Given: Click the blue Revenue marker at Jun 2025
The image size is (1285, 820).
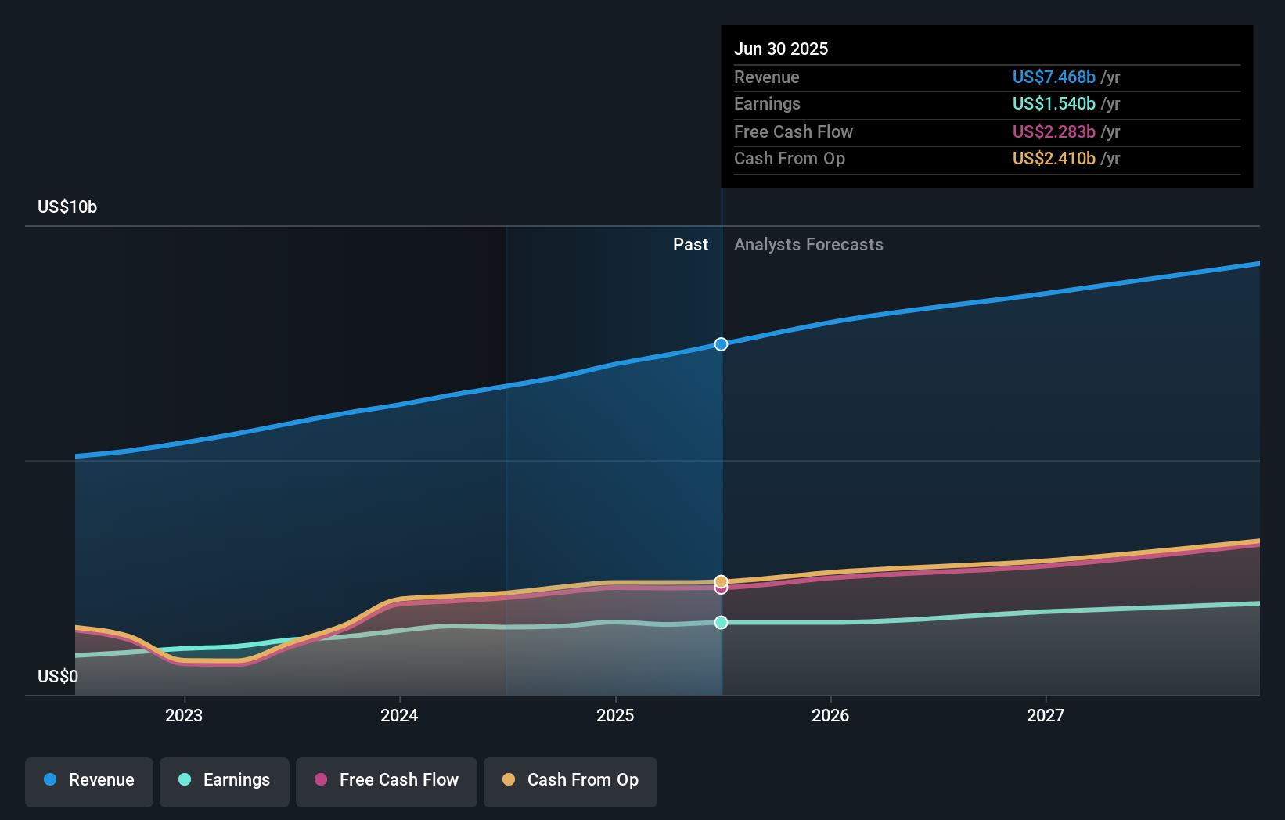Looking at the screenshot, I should point(721,344).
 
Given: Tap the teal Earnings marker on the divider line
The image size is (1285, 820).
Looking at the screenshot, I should point(721,622).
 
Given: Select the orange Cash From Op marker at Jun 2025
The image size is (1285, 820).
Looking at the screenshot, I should point(721,581).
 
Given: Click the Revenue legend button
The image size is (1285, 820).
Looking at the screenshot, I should point(89,780).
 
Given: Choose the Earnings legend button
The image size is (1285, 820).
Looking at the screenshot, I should point(225,780).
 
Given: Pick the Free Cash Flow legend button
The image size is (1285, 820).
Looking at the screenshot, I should point(387,780).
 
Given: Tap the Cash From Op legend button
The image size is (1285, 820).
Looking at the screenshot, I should point(571,780).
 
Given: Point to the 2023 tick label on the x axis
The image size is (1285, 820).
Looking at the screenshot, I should point(184,715).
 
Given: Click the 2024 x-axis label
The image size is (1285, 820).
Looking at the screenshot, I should point(399,715).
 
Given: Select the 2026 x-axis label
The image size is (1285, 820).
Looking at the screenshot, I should point(830,715).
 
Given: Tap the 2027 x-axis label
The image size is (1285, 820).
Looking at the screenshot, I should point(1046,715).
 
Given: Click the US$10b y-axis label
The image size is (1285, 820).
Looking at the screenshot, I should point(67,207).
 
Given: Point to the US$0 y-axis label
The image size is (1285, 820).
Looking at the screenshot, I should point(58,676).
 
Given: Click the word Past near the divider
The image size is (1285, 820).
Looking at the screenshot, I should point(690,245).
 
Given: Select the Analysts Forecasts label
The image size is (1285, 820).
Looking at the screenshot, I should point(808,245).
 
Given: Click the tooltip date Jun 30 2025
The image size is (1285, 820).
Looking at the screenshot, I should point(781,49).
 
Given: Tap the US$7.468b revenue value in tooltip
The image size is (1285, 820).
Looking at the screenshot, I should point(1053,77).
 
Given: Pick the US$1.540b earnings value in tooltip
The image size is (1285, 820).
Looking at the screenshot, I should point(1053,103).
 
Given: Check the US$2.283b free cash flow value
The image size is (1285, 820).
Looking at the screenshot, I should point(1053,131).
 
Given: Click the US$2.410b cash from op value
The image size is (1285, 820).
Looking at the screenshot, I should point(1053,158).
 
